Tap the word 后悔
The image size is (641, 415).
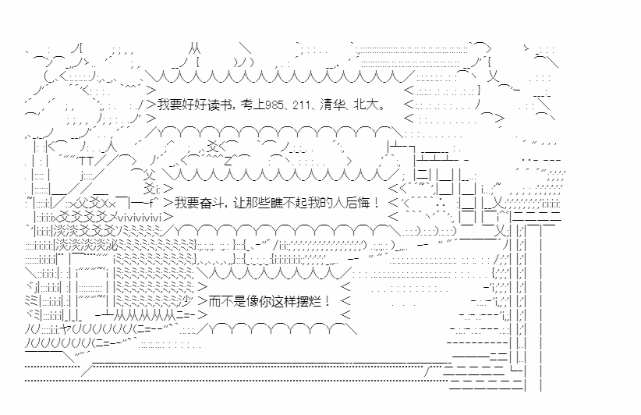(356, 203)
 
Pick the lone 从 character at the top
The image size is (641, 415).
(194, 48)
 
